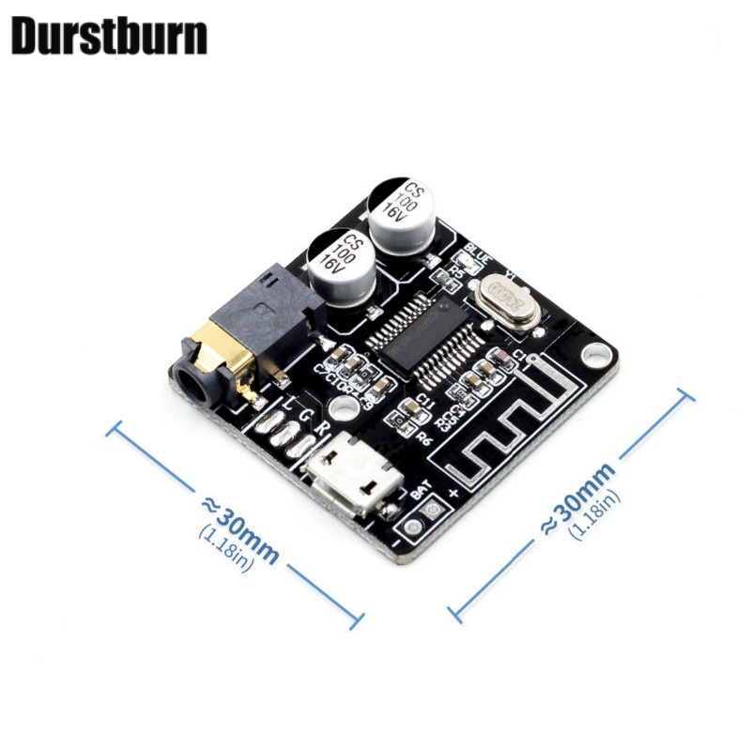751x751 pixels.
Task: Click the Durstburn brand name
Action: [109, 36]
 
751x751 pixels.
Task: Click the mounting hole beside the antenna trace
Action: [595, 355]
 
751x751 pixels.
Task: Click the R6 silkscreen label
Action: [422, 437]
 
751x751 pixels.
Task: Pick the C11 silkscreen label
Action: [425, 399]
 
